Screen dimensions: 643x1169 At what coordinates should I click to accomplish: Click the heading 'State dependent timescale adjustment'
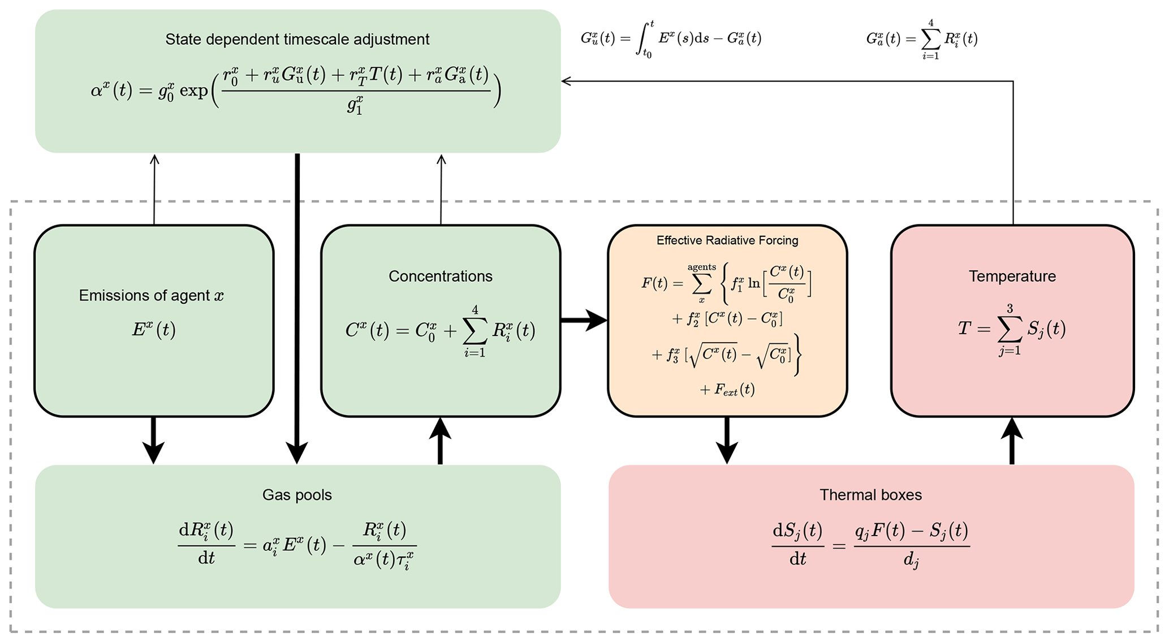pos(297,40)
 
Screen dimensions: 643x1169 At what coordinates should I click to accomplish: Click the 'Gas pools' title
pos(297,495)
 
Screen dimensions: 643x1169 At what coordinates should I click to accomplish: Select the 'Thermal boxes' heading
pos(870,495)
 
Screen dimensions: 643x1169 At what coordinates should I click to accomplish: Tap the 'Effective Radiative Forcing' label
pos(727,240)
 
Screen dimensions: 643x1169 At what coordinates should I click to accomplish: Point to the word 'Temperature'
pos(1012,277)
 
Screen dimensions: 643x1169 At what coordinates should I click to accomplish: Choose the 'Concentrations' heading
pos(440,277)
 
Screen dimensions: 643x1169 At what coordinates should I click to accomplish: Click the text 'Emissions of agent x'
pos(151,296)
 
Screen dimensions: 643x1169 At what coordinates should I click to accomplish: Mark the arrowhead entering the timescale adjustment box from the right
pos(566,81)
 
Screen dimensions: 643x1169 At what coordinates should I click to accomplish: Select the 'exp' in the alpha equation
pos(193,90)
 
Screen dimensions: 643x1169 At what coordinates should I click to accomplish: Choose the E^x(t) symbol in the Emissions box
pos(153,329)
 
